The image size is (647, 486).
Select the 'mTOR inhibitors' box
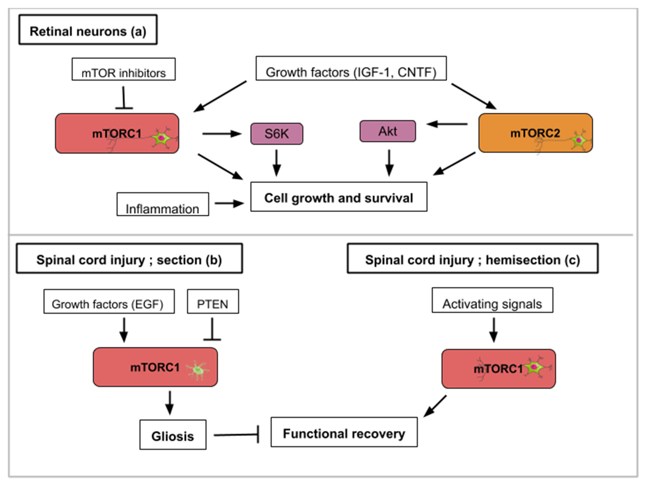(124, 69)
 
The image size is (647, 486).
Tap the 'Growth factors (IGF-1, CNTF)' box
(351, 68)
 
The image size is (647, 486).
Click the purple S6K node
(277, 134)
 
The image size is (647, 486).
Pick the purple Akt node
(388, 131)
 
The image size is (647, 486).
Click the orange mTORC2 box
(535, 133)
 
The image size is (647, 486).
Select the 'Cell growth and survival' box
(339, 197)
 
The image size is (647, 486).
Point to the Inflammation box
(163, 204)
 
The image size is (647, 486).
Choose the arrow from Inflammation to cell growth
(229, 203)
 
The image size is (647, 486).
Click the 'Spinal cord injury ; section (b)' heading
(129, 258)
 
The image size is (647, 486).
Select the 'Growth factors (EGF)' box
(109, 301)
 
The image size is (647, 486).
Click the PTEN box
(213, 301)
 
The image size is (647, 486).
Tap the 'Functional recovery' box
(344, 432)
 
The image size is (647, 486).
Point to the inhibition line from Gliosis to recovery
(236, 435)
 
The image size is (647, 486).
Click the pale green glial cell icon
(198, 370)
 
